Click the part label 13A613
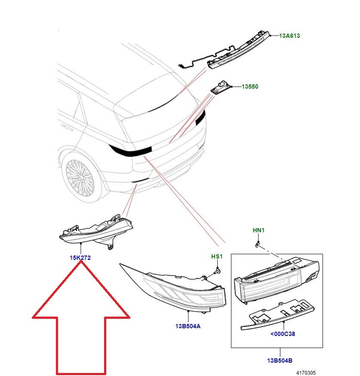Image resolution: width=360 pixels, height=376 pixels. click(x=289, y=36)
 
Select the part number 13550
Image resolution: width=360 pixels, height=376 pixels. click(x=249, y=87)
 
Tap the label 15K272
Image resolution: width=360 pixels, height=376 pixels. click(x=80, y=258)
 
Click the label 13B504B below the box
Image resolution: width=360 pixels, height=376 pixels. click(x=280, y=361)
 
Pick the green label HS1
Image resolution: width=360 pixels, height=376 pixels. click(x=217, y=257)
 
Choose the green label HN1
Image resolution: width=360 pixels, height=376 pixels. click(x=258, y=231)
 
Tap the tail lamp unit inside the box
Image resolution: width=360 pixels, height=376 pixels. click(x=275, y=280)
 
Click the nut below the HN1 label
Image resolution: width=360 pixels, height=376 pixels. click(x=257, y=244)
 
